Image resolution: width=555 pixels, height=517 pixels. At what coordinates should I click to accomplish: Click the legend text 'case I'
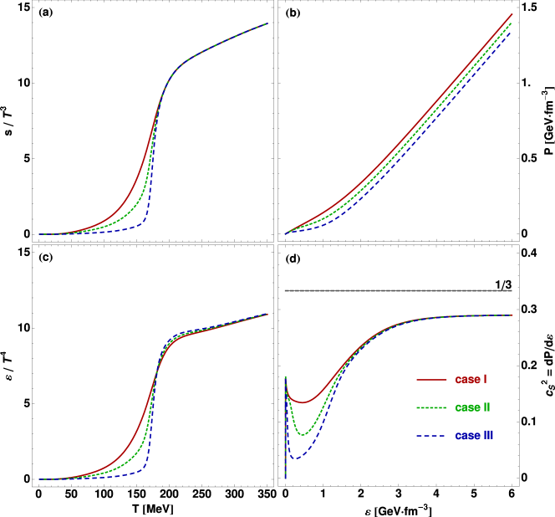click(x=471, y=380)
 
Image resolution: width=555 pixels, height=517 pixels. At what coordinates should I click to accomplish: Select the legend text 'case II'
click(x=473, y=407)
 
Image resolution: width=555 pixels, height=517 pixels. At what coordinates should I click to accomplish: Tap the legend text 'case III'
click(x=475, y=436)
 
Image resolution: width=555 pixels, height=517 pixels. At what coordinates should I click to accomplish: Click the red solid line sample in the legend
click(x=431, y=380)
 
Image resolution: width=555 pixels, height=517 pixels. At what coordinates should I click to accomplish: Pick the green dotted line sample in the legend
click(x=431, y=408)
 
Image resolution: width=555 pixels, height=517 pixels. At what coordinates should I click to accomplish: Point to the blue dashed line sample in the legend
click(x=431, y=436)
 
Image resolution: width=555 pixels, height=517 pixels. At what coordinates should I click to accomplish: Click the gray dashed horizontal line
click(x=398, y=290)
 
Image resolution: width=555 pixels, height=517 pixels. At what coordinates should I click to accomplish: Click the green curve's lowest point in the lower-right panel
click(x=303, y=434)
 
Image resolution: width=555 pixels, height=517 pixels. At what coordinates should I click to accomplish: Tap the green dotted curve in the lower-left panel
click(x=134, y=452)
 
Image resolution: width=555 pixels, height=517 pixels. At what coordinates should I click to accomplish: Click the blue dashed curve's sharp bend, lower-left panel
click(x=148, y=465)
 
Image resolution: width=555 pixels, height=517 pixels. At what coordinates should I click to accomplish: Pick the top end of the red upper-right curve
click(x=512, y=13)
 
